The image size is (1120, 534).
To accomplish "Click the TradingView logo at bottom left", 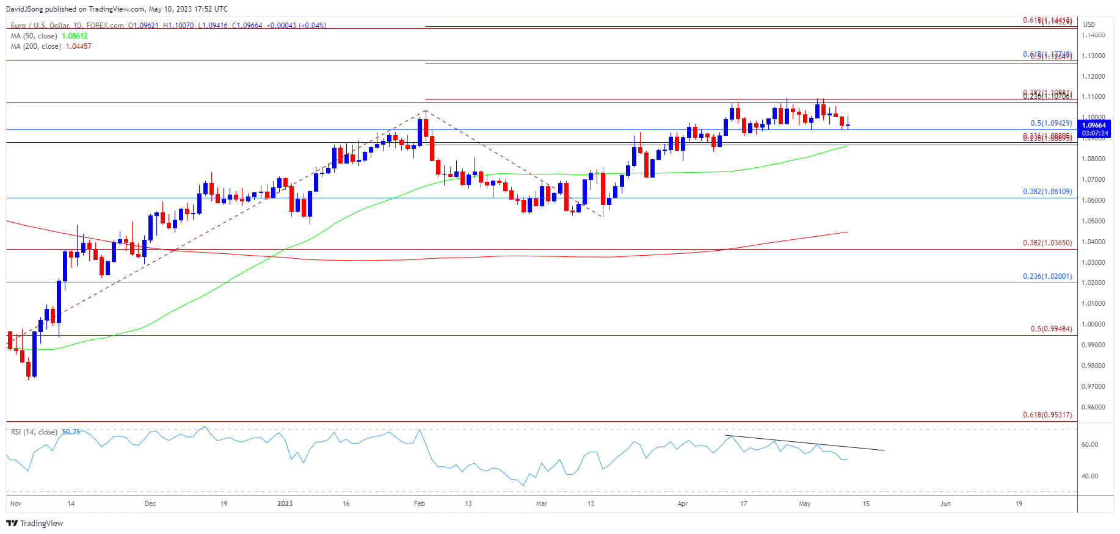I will pos(35,523).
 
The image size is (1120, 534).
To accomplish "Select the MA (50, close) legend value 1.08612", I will pos(75,36).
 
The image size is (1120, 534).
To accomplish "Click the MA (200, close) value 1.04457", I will pos(78,46).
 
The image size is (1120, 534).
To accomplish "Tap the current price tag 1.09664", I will pos(1094,125).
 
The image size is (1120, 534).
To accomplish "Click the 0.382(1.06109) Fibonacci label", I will pos(1047,192).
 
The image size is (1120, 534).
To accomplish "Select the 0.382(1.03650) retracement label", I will pos(1047,243).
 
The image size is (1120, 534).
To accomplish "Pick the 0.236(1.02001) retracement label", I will pos(1047,276).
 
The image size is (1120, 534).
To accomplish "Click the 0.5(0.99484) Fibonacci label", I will pos(1051,329).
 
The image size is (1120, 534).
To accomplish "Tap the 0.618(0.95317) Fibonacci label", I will pos(1047,415).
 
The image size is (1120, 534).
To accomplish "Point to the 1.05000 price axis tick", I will pos(1093,221).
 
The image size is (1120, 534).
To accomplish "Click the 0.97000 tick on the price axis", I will pos(1093,386).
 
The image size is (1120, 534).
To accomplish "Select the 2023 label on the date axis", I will pos(285,503).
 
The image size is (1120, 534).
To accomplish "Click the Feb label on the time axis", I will pos(419,503).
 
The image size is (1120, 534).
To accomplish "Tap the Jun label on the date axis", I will pos(945,503).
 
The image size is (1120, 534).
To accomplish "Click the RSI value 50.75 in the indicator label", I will pos(71,432).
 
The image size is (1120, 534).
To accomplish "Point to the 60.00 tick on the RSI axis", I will pos(1089,444).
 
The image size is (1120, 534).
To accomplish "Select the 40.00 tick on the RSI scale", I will pos(1089,476).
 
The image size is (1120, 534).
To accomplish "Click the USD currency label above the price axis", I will pos(1089,24).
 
